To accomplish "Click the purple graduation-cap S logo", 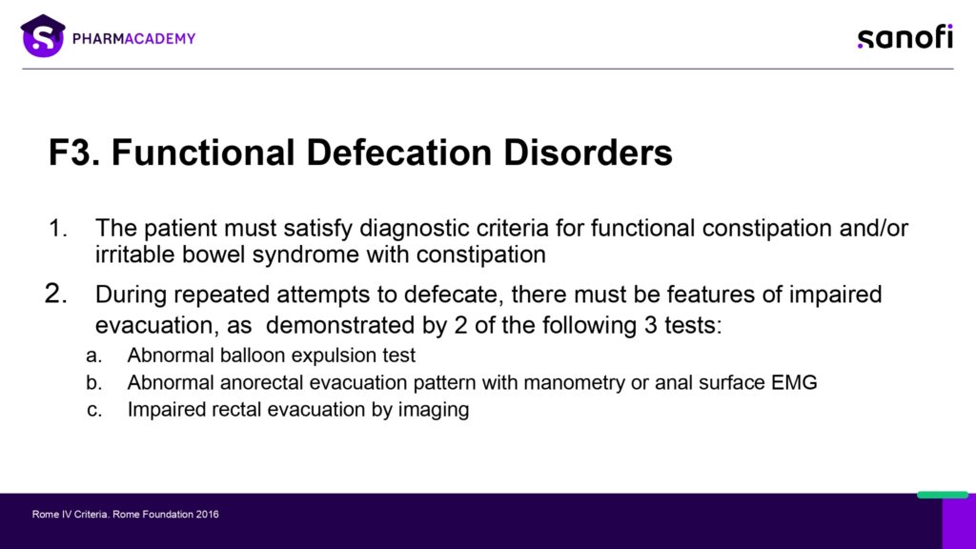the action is [43, 36].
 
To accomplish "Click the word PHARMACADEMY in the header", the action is [133, 38].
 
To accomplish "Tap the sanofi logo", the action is [905, 37].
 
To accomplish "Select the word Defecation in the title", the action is [399, 152].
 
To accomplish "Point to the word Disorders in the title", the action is [588, 152].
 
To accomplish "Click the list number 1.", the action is [57, 229].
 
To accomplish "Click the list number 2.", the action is [55, 294].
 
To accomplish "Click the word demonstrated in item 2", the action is [352, 325].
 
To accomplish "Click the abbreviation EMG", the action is [794, 382].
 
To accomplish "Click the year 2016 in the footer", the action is [207, 514].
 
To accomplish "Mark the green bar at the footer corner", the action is [943, 495].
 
